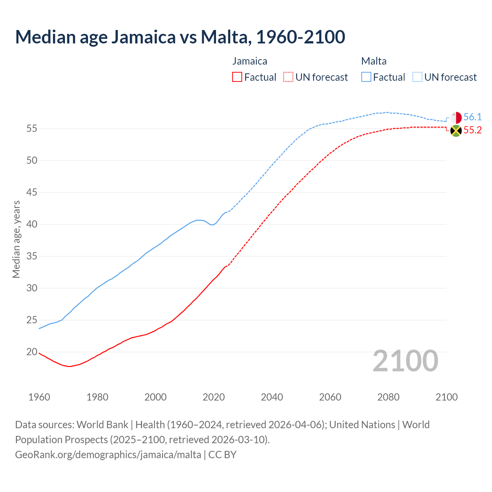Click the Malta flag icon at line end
pos(456,118)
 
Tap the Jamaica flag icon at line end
pos(456,131)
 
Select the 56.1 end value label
pos(472,117)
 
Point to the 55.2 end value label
pos(472,130)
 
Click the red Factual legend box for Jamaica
pos(237,77)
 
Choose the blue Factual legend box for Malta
pos(366,77)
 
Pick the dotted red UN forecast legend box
pos(288,77)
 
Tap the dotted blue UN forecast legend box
pos(417,77)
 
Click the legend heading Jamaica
pos(249,61)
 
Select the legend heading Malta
pos(374,61)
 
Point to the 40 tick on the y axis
pos(32,224)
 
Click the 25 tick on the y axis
pos(32,320)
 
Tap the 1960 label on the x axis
pos(39,397)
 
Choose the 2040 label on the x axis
pos(272,397)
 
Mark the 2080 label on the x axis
pos(388,397)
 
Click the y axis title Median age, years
pos(16,239)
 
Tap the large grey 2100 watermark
pos(405,361)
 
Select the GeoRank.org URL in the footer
pos(108,455)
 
